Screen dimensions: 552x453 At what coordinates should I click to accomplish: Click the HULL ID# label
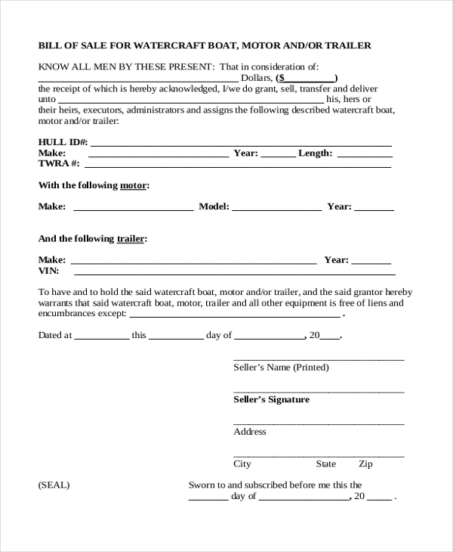pos(63,142)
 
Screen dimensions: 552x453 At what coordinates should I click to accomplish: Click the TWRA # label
pos(59,163)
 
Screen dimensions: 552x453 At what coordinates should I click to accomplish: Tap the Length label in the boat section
pos(315,153)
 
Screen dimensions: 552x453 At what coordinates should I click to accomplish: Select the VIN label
pos(48,270)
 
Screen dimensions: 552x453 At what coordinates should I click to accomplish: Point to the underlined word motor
pos(134,185)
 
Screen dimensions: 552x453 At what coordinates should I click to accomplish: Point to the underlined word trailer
pos(131,239)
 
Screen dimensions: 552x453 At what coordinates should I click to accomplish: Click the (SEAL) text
pos(54,485)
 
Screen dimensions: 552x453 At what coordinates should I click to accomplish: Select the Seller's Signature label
pos(271,399)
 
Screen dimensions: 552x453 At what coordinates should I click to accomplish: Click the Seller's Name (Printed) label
pos(281,367)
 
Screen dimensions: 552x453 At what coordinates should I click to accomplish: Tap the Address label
pos(250,432)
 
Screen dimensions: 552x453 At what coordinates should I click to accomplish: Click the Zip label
pos(365,464)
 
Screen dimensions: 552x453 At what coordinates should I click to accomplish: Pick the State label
pos(325,464)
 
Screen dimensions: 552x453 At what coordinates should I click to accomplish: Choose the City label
pos(242,464)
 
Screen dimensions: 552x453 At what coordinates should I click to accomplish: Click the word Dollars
pos(256,78)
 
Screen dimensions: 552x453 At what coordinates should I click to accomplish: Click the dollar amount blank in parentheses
pos(310,79)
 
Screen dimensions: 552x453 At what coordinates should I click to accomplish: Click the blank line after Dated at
pos(101,335)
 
